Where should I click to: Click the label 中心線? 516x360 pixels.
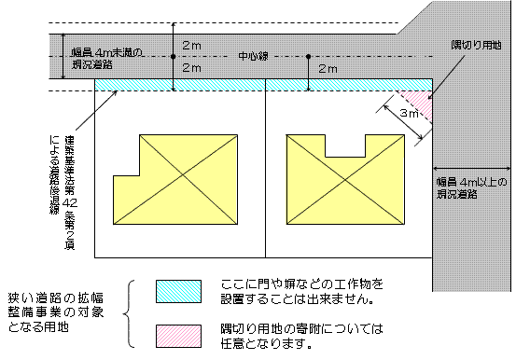(x=253, y=56)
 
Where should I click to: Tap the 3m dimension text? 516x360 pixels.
(x=407, y=113)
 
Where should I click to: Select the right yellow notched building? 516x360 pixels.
(x=342, y=177)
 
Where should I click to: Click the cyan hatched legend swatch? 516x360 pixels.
(x=178, y=290)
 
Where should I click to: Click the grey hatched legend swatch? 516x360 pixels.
(x=178, y=334)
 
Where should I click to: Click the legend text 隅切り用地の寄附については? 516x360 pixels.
(x=302, y=330)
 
